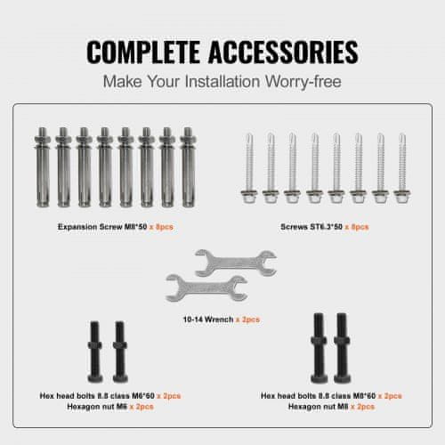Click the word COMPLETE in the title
tap(143, 52)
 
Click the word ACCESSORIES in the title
tap(283, 52)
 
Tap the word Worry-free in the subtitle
tap(303, 81)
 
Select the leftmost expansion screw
tap(43, 167)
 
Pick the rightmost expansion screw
tap(188, 167)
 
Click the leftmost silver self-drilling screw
tap(249, 168)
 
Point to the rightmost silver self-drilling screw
tap(402, 168)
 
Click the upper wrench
tap(236, 263)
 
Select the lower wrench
tap(206, 288)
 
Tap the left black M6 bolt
tap(95, 352)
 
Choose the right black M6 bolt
tap(120, 352)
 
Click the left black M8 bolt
tap(319, 348)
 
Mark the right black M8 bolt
tap(343, 348)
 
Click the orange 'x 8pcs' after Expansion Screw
tap(161, 227)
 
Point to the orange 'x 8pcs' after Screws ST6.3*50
tap(357, 227)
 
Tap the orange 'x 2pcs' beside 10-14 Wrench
tap(247, 320)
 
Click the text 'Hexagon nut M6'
tap(97, 407)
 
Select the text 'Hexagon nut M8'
tap(319, 407)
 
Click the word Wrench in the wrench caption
tap(219, 320)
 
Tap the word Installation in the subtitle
tap(222, 81)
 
